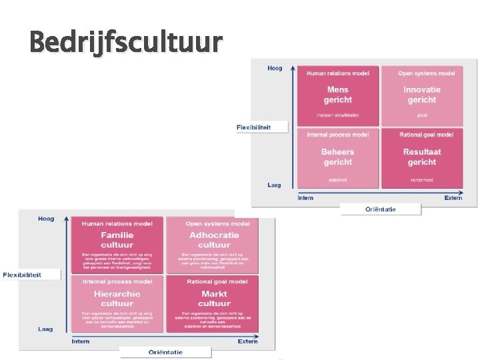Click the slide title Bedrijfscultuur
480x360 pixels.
[x=125, y=42]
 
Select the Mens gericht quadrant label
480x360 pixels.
[x=337, y=95]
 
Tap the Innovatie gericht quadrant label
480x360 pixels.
[x=421, y=95]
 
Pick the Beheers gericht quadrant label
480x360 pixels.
[x=337, y=157]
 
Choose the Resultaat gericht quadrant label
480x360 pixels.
[x=421, y=157]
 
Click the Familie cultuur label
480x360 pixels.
[x=117, y=240]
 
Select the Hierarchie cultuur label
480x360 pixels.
[x=117, y=298]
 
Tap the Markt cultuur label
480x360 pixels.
[x=213, y=298]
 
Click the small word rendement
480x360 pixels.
[x=421, y=179]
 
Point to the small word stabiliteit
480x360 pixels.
[x=337, y=179]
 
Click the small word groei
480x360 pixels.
[x=421, y=115]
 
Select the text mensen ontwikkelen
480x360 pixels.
[x=337, y=115]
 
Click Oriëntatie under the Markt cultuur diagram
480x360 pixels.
[x=165, y=352]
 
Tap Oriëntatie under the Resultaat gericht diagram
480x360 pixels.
[x=380, y=209]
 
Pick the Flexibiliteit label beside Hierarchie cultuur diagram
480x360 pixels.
[x=22, y=275]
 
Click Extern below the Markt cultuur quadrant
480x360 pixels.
[x=247, y=341]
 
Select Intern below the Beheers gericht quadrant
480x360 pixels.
[x=305, y=197]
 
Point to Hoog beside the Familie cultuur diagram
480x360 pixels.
[x=46, y=219]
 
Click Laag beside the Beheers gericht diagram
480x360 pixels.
[x=274, y=185]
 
